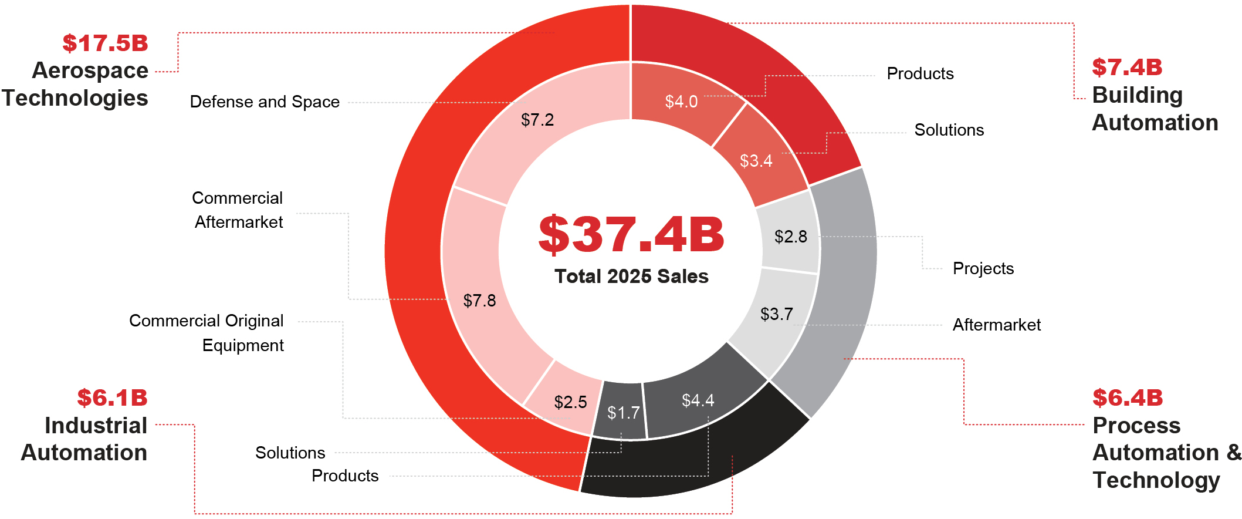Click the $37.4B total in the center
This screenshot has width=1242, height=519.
(631, 234)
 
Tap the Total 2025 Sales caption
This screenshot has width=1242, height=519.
(631, 277)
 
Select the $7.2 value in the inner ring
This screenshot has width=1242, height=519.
(537, 120)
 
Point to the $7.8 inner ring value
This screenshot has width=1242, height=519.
(479, 301)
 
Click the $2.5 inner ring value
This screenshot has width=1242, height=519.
(570, 402)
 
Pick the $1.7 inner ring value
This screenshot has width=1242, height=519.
(623, 413)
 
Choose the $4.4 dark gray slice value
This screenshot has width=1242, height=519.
(698, 400)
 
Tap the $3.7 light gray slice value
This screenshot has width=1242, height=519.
(776, 314)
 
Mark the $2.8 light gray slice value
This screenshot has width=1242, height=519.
(790, 237)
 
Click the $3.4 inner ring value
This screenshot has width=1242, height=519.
(756, 161)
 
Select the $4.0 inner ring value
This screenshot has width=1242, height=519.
(681, 102)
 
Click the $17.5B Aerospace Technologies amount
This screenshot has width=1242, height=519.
(106, 43)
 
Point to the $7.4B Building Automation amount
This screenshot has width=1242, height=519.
(1127, 68)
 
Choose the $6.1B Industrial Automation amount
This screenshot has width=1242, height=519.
(112, 398)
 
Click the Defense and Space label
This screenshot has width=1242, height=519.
(265, 102)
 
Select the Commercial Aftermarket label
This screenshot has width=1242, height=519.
(238, 210)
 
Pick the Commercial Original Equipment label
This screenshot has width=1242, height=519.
(207, 333)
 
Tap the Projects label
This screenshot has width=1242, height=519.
(983, 268)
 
